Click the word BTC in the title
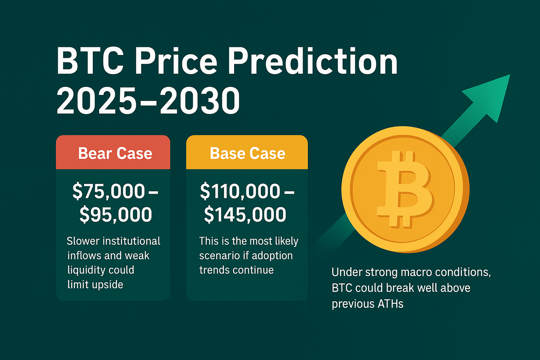(x=90, y=61)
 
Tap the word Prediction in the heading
(x=313, y=61)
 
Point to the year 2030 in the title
(x=200, y=101)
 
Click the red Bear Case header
(x=113, y=152)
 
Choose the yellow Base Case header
(x=247, y=152)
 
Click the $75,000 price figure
(x=109, y=191)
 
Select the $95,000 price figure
(x=116, y=214)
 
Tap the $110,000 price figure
(x=240, y=191)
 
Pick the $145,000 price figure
(x=245, y=214)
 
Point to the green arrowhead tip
(x=510, y=75)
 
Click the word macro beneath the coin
(x=416, y=273)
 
